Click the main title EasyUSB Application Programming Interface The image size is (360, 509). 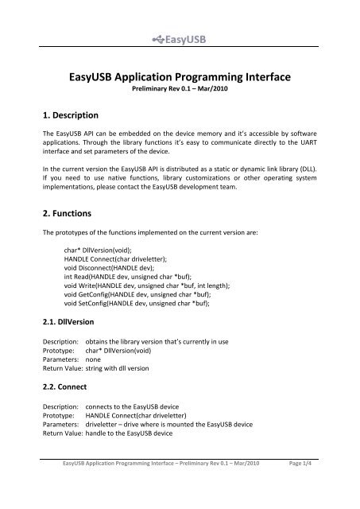180,77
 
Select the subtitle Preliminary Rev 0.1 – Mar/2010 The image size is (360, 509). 180,92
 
